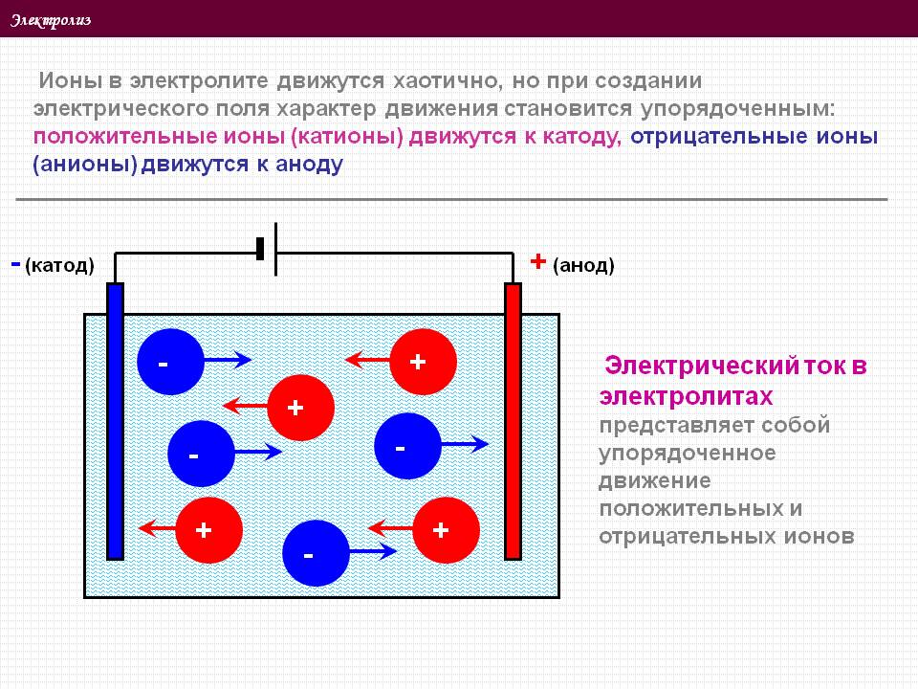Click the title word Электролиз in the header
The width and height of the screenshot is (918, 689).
pos(51,20)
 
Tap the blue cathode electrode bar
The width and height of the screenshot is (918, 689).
pos(115,421)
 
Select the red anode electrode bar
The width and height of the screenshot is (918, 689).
pos(513,421)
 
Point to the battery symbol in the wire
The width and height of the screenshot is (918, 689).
pos(268,249)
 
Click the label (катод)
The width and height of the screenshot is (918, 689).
pos(59,265)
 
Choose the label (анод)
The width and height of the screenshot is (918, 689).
pos(583,265)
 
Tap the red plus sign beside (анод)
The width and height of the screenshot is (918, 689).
pos(538,261)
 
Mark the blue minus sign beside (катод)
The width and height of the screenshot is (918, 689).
pos(16,264)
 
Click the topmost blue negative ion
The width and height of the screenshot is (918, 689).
pos(170,362)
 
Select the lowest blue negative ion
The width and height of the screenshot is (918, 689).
pos(317,553)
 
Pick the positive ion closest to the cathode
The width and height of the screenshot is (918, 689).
pos(209,530)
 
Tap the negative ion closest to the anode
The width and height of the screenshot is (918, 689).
pos(407,446)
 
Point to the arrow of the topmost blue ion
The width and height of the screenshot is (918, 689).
pos(228,360)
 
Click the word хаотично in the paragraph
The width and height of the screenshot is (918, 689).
pos(445,80)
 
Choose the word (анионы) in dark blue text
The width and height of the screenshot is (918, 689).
pos(85,165)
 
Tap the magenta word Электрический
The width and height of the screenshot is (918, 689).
pos(701,366)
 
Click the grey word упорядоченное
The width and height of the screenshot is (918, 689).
pos(688,454)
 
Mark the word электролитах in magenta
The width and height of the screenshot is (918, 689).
pos(687,396)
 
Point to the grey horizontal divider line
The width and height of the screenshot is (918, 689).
pos(451,199)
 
